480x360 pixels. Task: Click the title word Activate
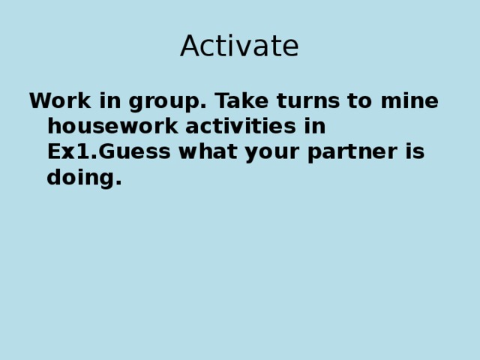(x=239, y=46)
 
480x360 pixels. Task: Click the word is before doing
(x=415, y=151)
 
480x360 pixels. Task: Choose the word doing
(x=80, y=178)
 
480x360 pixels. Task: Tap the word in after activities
(x=315, y=126)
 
